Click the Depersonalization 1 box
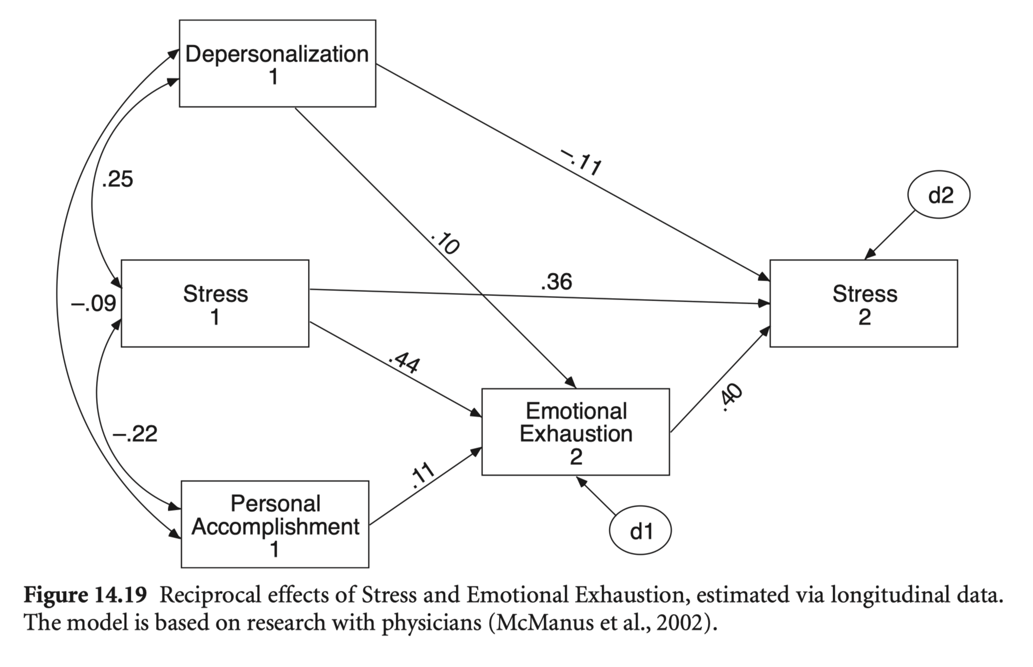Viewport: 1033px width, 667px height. click(x=277, y=64)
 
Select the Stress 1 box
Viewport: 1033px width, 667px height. click(x=215, y=304)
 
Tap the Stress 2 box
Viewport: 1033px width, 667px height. click(x=864, y=304)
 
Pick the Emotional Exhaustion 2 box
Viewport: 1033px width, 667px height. click(x=576, y=432)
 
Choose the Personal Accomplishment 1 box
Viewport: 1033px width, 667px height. click(x=275, y=525)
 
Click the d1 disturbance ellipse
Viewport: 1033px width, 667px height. click(x=640, y=531)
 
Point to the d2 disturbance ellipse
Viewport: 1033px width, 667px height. click(x=939, y=195)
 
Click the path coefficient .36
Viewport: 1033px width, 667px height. click(x=556, y=282)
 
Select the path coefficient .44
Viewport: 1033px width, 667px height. click(x=405, y=362)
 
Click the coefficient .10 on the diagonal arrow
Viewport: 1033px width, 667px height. click(x=445, y=244)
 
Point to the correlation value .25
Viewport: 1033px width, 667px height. click(x=118, y=179)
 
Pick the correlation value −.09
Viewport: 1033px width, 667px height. click(x=93, y=304)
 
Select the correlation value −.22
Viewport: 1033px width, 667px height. click(x=135, y=434)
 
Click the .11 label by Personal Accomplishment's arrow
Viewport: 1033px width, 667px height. click(x=423, y=475)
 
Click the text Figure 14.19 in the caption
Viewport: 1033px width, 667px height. click(x=86, y=596)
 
